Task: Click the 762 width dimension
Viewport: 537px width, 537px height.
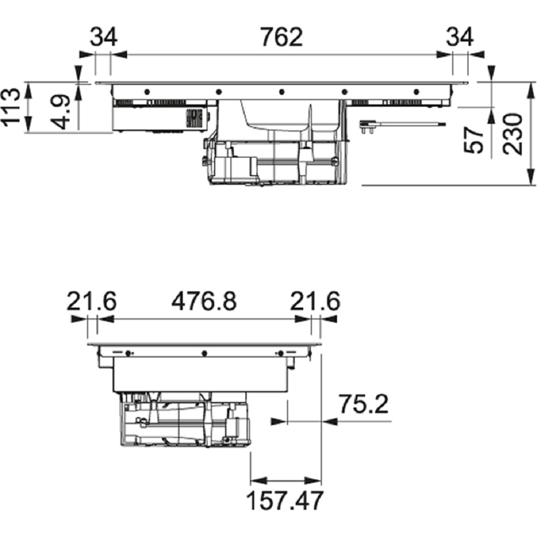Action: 281,37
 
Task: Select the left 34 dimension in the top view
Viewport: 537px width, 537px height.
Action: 104,37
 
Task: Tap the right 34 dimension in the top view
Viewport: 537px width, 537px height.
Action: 460,37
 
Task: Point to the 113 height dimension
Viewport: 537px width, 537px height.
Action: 11,107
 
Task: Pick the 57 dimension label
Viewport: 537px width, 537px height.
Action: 473,140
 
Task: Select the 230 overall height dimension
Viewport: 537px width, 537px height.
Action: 512,134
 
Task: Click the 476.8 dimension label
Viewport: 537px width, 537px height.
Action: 204,301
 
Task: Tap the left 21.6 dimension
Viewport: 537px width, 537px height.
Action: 91,301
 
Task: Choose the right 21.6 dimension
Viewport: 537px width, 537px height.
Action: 315,301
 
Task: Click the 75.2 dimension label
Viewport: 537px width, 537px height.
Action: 364,404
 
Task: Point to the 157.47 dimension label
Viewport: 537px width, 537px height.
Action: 285,500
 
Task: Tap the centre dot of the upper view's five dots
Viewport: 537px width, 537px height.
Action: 281,92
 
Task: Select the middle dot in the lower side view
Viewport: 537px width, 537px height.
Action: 204,353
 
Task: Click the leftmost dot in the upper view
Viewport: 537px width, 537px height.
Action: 147,92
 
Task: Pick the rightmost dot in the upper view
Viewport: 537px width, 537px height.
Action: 417,92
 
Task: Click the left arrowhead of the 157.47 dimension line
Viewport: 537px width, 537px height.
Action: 259,481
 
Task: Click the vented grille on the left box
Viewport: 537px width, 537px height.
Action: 194,119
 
